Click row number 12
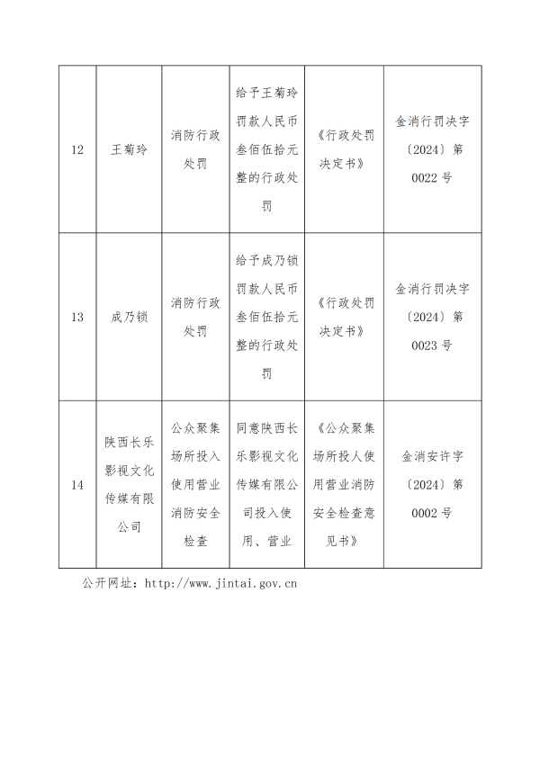[x=77, y=149]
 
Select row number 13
[x=77, y=317]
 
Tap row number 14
[x=77, y=485]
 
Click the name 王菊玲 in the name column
[x=129, y=149]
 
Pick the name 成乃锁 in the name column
[x=129, y=317]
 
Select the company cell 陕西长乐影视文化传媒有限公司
[x=129, y=485]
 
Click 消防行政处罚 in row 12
[x=194, y=149]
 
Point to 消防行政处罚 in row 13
[x=194, y=317]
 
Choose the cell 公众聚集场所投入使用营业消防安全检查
[x=194, y=485]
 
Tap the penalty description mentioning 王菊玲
[x=266, y=149]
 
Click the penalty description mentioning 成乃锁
[x=266, y=317]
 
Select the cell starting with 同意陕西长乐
[x=266, y=485]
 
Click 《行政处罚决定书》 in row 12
[x=344, y=149]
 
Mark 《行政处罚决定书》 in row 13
[x=344, y=317]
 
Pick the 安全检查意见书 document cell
[x=344, y=485]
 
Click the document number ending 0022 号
[x=432, y=149]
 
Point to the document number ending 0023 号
[x=432, y=317]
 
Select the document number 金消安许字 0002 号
[x=432, y=485]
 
